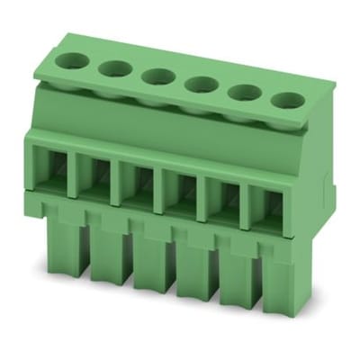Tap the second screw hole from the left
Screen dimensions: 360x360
point(112,68)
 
